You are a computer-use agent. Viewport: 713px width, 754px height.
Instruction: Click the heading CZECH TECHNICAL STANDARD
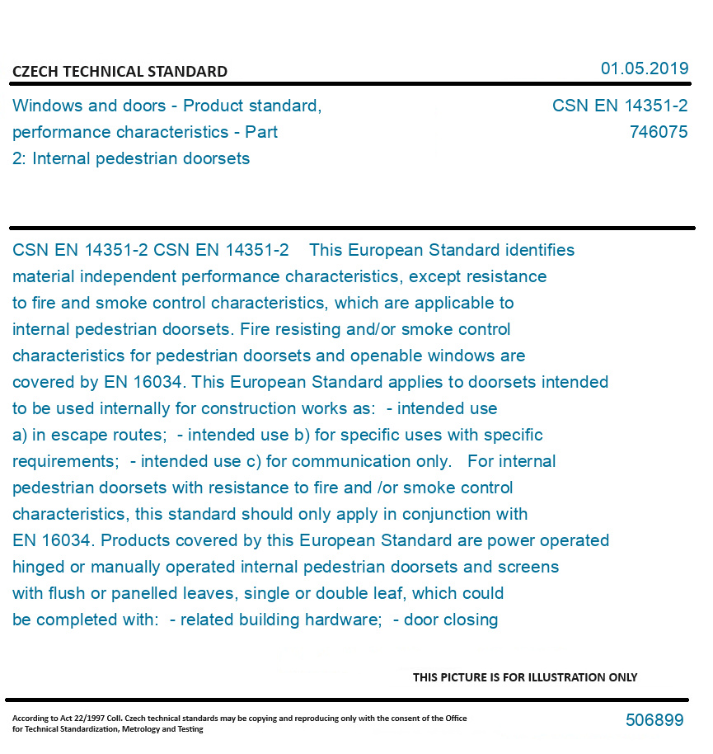120,72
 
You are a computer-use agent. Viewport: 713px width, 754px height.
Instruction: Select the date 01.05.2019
645,68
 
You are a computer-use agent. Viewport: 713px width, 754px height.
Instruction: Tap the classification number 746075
658,132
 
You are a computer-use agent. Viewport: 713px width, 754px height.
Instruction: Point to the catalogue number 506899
654,720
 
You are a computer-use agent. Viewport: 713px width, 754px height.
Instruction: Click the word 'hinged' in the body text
37,567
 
